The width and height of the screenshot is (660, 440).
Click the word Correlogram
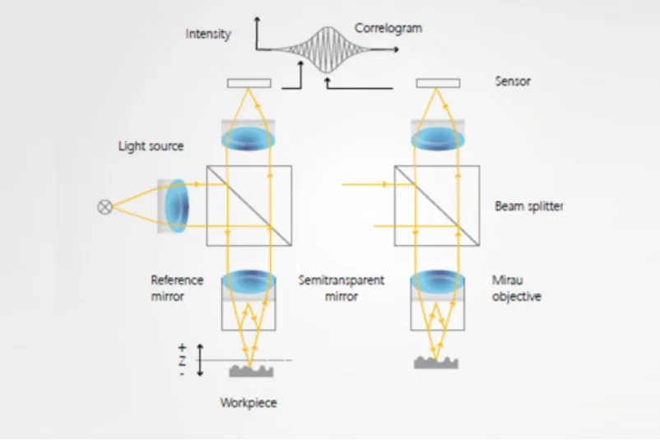coord(388,29)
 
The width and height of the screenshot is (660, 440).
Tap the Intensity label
coord(208,35)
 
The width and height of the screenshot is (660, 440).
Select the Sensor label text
coord(513,81)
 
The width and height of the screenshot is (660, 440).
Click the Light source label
coord(151,146)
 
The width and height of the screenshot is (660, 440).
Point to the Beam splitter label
coord(529,206)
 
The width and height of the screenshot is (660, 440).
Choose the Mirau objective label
coord(517,289)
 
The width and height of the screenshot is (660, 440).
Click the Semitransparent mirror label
coord(341,289)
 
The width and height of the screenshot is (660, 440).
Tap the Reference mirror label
coord(176,289)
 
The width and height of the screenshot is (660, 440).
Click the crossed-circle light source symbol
coord(105,206)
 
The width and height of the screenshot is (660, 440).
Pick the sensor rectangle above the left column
coord(249,82)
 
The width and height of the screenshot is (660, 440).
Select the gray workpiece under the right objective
coord(437,362)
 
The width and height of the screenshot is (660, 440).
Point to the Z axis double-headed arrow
coord(200,361)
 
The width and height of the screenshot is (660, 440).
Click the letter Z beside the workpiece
coord(182,361)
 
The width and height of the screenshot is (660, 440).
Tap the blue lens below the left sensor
coord(249,138)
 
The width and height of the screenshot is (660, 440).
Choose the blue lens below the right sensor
coord(437,138)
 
